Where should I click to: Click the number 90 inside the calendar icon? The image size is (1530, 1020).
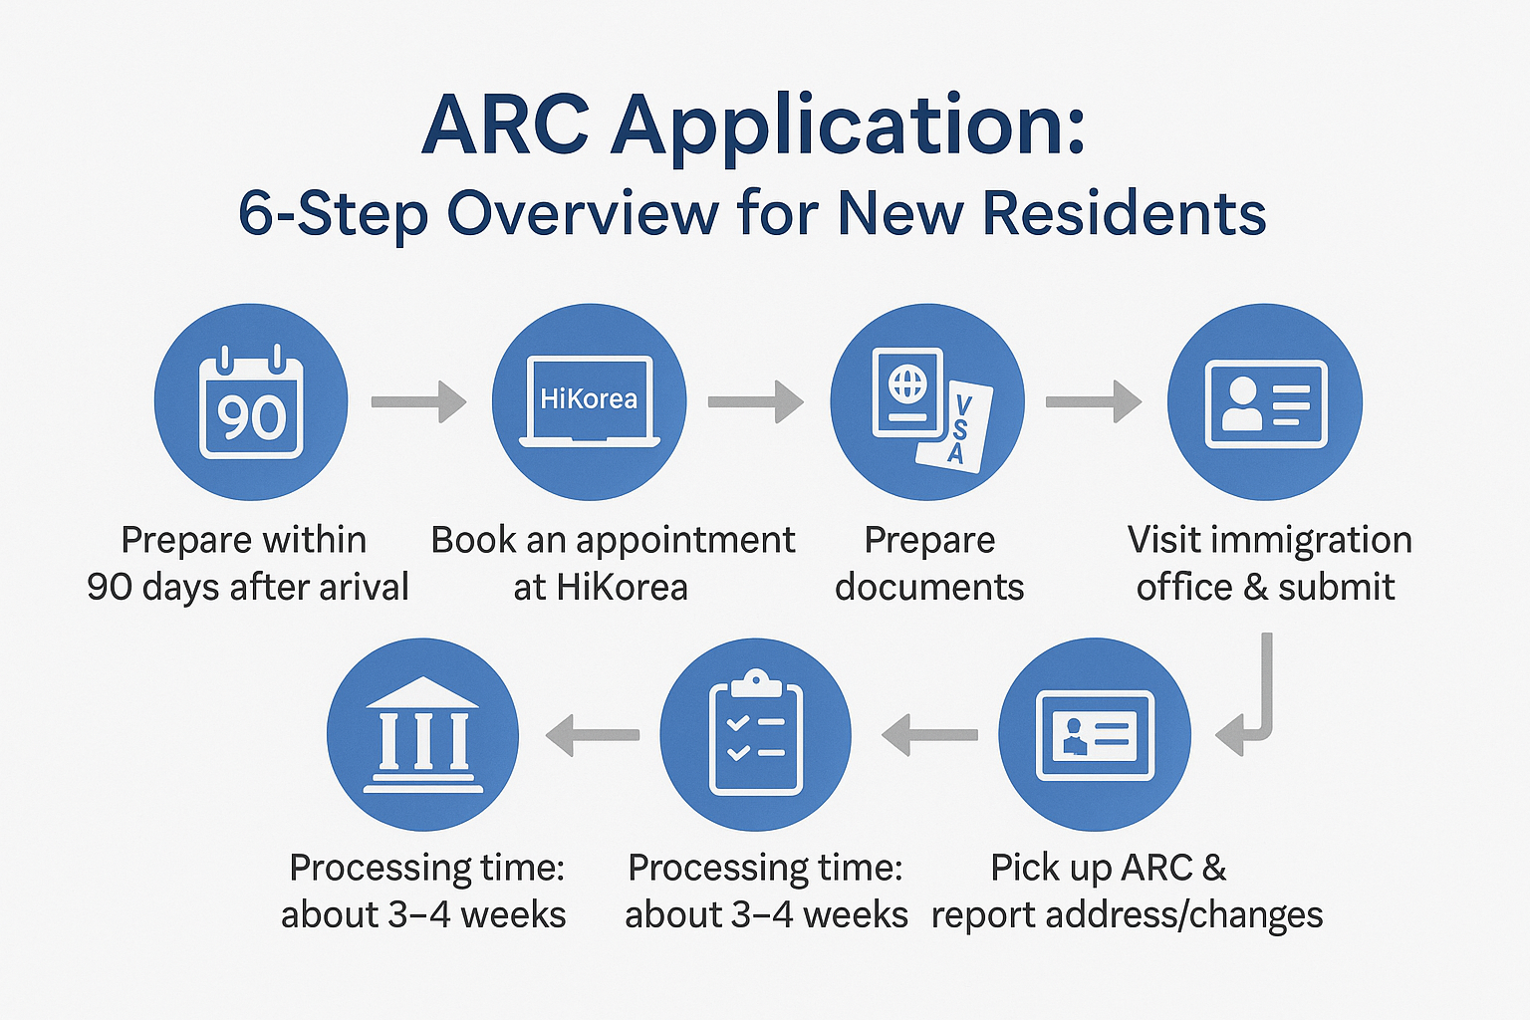point(251,416)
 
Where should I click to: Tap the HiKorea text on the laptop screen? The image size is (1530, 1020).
point(589,399)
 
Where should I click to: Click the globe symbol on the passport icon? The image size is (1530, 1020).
point(906,383)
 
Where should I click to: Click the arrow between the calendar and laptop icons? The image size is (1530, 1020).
point(418,401)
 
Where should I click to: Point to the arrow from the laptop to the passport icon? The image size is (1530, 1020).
point(755,401)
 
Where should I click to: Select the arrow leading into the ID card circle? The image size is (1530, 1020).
point(1093,401)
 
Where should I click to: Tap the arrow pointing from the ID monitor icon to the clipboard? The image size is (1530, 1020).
point(929,735)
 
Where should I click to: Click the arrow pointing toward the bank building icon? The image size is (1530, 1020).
point(592,735)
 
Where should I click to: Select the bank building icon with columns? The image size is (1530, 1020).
point(422,735)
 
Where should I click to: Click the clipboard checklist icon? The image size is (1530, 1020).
point(755,735)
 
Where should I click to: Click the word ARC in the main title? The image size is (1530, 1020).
point(505,127)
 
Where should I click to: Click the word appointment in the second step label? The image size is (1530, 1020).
point(685,540)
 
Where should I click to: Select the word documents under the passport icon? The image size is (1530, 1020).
point(928,587)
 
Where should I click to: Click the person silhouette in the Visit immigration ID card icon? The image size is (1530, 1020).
point(1241,403)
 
